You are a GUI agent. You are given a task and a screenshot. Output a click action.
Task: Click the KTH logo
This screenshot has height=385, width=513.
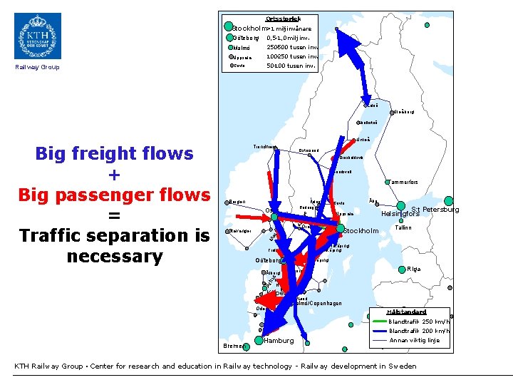(x=38, y=36)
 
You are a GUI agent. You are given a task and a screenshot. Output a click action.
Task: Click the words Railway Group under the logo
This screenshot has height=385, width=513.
(x=37, y=68)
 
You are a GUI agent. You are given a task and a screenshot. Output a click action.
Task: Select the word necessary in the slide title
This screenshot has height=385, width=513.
(x=114, y=256)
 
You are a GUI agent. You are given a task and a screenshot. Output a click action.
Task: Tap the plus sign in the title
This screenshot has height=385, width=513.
(x=114, y=174)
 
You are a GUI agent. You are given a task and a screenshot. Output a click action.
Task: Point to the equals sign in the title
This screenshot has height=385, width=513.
(x=114, y=215)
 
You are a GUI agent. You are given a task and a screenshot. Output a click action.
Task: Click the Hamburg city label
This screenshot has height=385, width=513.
(x=279, y=341)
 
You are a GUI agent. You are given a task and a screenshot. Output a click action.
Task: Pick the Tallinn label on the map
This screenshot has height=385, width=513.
(x=403, y=227)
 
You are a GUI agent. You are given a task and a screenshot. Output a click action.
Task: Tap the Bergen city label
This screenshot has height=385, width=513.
(x=237, y=202)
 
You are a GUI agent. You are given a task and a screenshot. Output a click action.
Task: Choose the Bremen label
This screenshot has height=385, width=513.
(x=232, y=346)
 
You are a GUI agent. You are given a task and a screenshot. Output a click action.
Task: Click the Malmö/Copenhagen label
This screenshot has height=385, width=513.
(x=318, y=304)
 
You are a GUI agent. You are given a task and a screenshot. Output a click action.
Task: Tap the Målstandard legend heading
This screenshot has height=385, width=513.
(x=405, y=312)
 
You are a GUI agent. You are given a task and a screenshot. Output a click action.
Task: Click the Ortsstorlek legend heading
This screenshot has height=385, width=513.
(x=283, y=19)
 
